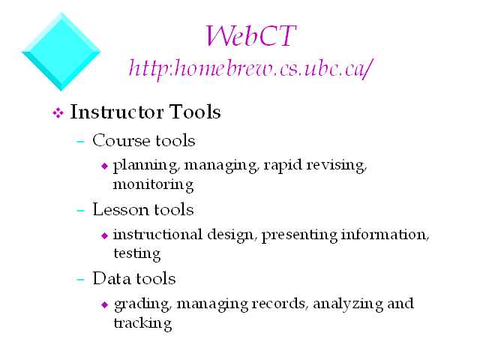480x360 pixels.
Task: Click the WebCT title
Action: click(250, 36)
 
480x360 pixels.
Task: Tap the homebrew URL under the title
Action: click(250, 69)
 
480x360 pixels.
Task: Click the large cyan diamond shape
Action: click(61, 52)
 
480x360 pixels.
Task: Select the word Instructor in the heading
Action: click(117, 112)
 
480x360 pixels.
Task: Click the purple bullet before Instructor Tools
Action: click(58, 113)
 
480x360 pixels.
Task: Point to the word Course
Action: click(121, 140)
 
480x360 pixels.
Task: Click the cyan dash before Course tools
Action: click(80, 142)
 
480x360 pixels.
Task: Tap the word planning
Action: click(145, 166)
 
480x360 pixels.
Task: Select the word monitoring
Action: click(153, 185)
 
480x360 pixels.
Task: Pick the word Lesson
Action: click(120, 210)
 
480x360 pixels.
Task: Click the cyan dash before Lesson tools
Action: click(80, 211)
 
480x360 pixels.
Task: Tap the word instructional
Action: click(157, 235)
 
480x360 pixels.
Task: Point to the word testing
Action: click(136, 254)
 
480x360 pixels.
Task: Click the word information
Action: click(385, 235)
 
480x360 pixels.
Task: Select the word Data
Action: click(112, 278)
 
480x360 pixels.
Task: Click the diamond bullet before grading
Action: click(105, 304)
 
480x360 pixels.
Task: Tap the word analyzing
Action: click(348, 304)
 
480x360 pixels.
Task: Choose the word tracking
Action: click(142, 323)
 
